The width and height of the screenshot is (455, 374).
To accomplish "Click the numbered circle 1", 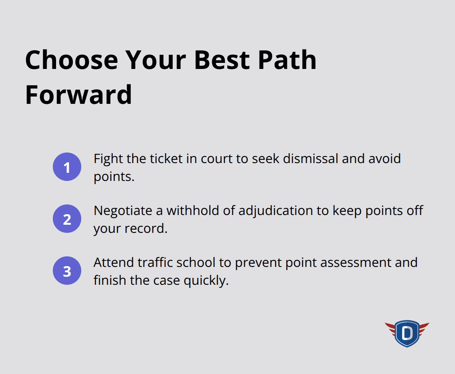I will (67, 167).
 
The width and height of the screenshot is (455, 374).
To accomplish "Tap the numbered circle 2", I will (67, 219).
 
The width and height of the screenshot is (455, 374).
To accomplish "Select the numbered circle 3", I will (67, 271).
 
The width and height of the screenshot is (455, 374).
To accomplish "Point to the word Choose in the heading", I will (71, 60).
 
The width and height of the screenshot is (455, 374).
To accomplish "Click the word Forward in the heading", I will (78, 95).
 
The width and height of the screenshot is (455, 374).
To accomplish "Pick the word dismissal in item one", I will (311, 159).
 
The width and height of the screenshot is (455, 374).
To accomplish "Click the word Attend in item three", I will (113, 262).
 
